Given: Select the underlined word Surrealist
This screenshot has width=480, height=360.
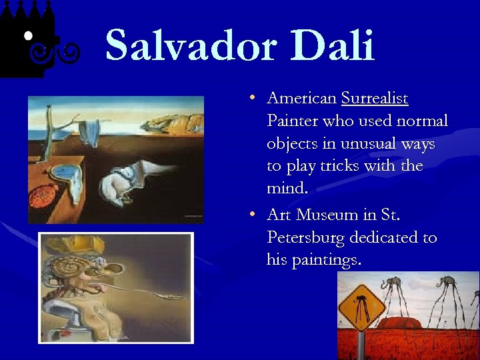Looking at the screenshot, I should click(374, 99).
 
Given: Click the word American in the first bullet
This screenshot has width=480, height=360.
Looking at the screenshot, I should click(301, 99).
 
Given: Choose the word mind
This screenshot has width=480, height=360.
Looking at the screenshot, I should click(287, 189).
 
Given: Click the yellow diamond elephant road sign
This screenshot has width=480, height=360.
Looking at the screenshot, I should click(361, 307).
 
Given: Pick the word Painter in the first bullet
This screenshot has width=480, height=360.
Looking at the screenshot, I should click(292, 121).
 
